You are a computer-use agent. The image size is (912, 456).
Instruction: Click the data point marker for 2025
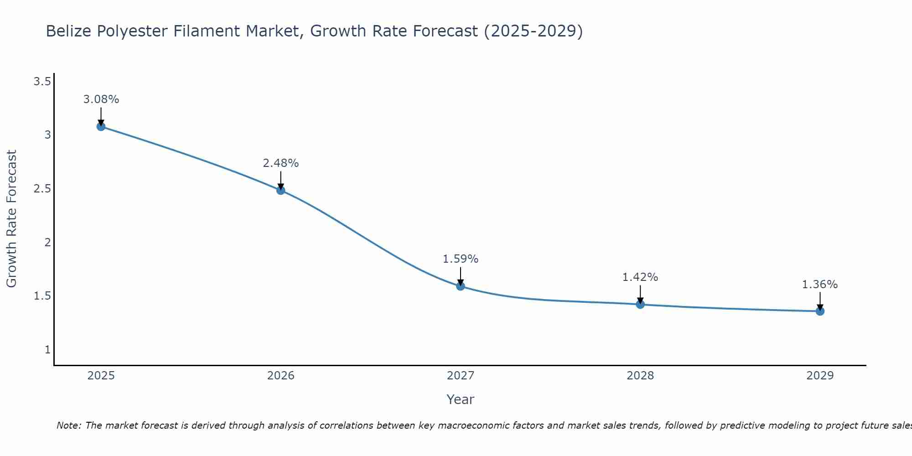click(x=101, y=126)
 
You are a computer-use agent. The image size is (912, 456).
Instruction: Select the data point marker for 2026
click(x=281, y=190)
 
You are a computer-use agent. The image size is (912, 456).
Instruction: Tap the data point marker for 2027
click(x=461, y=286)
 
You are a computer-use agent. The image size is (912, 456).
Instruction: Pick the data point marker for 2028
click(x=640, y=304)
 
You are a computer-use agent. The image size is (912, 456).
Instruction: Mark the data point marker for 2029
click(x=820, y=311)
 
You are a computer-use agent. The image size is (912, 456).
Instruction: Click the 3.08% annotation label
click(x=101, y=99)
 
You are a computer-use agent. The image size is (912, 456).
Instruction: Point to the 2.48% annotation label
click(x=281, y=163)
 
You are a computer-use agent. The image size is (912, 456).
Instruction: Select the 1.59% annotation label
click(x=461, y=259)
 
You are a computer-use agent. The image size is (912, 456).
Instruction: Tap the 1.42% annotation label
click(x=640, y=277)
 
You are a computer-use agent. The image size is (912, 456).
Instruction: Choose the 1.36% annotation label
click(x=820, y=285)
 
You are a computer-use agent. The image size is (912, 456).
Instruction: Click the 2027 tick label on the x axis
click(x=461, y=376)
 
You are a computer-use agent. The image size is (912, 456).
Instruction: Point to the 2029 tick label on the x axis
click(x=820, y=376)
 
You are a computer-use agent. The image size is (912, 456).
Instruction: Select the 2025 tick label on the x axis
click(x=101, y=376)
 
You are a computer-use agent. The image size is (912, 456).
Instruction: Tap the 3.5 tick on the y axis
click(x=42, y=82)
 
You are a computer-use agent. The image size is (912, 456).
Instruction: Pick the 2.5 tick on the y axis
click(x=42, y=189)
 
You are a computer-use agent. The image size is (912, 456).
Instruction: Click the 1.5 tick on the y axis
click(x=42, y=296)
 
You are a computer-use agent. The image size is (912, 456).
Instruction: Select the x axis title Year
click(x=461, y=399)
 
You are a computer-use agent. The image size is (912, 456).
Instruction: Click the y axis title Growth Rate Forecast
click(x=11, y=219)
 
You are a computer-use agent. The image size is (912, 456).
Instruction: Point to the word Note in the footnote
click(x=68, y=425)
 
